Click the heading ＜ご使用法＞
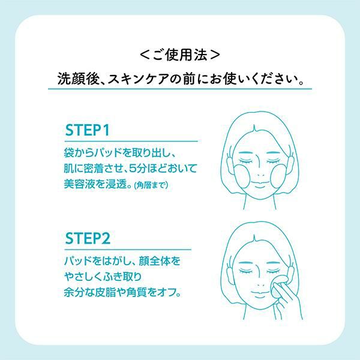(x=180, y=55)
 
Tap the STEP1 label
(x=87, y=130)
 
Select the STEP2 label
(x=88, y=238)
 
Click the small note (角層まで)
(x=151, y=185)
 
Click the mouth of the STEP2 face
(x=260, y=293)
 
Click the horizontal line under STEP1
(x=131, y=141)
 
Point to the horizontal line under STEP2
(x=128, y=249)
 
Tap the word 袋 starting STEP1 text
(x=69, y=152)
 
